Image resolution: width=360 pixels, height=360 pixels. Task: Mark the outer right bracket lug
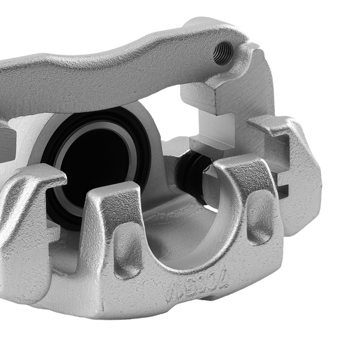coord(300,180)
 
